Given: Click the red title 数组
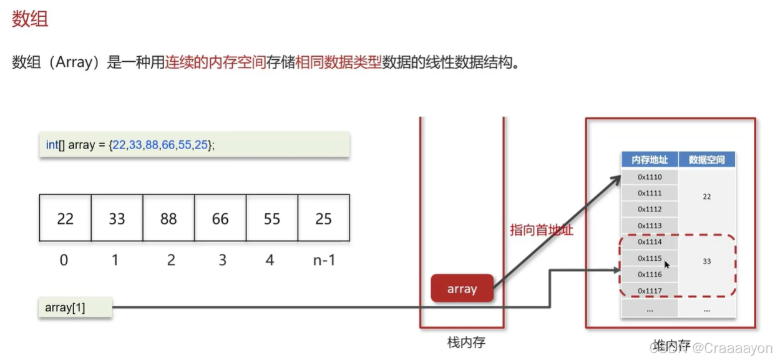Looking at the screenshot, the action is coord(30,19).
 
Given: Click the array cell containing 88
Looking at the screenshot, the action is coord(168,218).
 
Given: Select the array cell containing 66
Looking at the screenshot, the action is coord(220,218).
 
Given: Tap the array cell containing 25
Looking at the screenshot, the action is coord(323,218).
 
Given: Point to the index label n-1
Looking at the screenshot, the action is coord(324,260).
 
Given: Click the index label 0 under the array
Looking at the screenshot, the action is coord(64,260).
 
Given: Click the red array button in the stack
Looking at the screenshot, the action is coord(462,289).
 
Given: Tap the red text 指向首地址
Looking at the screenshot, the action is coord(541,230).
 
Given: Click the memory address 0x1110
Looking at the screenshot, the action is coord(650,177).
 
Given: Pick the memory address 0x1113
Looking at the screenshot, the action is coord(650,225).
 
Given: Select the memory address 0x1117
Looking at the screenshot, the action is coord(650,290).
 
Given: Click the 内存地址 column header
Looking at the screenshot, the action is coord(650,160).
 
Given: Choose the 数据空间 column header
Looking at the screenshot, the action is coord(706,160).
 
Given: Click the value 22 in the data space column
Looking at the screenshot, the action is coord(706,197).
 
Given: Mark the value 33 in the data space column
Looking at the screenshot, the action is coord(706,261).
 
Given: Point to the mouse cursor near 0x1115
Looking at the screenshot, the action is coord(666,265).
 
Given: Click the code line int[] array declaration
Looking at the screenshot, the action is coord(130,145).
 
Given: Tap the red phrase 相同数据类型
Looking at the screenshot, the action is coord(338,63).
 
